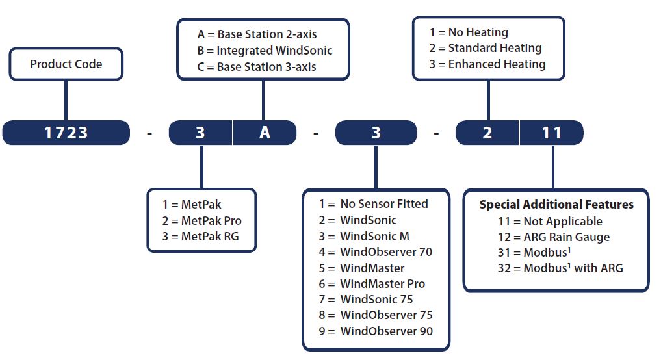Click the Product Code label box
coord(66,64)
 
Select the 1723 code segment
coord(66,133)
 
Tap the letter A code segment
coord(265,133)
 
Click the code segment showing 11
coord(552,133)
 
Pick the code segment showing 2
coord(487,133)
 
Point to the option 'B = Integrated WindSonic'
coord(265,51)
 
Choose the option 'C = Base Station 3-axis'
coord(257,67)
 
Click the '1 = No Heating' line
coord(469,32)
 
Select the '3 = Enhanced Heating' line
coord(487,64)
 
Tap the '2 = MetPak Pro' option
coord(201,220)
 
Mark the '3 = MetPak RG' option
coord(200,236)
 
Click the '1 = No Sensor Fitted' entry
coord(373,204)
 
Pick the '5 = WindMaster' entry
coord(361,268)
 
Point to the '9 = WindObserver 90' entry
coord(376,331)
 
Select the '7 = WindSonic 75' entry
coord(366,300)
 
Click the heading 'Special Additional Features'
coord(556,205)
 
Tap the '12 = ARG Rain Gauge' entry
coord(554,237)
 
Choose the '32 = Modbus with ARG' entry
coord(561,268)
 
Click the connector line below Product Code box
coord(66,100)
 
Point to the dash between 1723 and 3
coord(149,134)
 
